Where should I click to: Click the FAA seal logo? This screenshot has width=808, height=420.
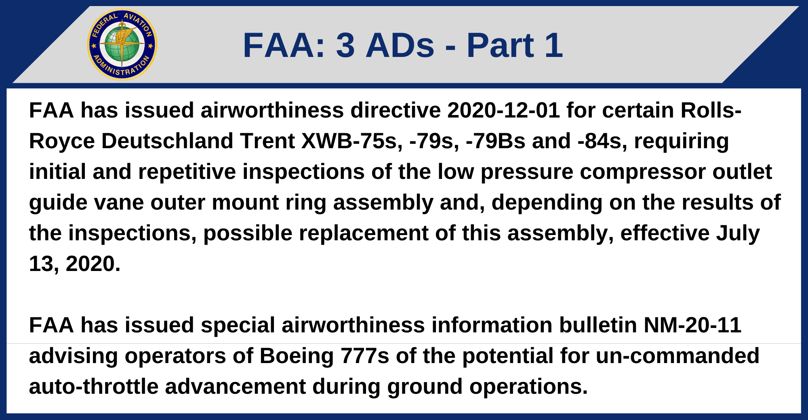click(122, 44)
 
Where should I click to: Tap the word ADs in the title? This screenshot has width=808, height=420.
click(400, 45)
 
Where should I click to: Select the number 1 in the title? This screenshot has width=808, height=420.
click(553, 45)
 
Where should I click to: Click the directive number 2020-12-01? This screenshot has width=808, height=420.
click(503, 110)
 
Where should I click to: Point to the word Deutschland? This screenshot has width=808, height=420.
click(167, 141)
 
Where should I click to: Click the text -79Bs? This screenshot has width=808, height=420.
click(495, 141)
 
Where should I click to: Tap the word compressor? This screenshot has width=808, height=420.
click(643, 172)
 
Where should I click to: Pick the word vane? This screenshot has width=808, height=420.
click(119, 202)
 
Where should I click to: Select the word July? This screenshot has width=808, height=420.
click(738, 233)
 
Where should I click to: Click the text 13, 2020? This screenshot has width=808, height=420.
click(74, 264)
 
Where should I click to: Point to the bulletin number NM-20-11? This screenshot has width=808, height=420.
click(692, 325)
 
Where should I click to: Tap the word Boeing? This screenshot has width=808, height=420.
click(296, 356)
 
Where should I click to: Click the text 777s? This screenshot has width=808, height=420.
click(365, 356)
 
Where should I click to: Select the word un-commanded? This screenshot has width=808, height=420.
click(678, 356)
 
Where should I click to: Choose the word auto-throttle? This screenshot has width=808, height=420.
click(93, 386)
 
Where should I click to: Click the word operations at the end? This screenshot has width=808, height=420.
click(528, 386)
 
